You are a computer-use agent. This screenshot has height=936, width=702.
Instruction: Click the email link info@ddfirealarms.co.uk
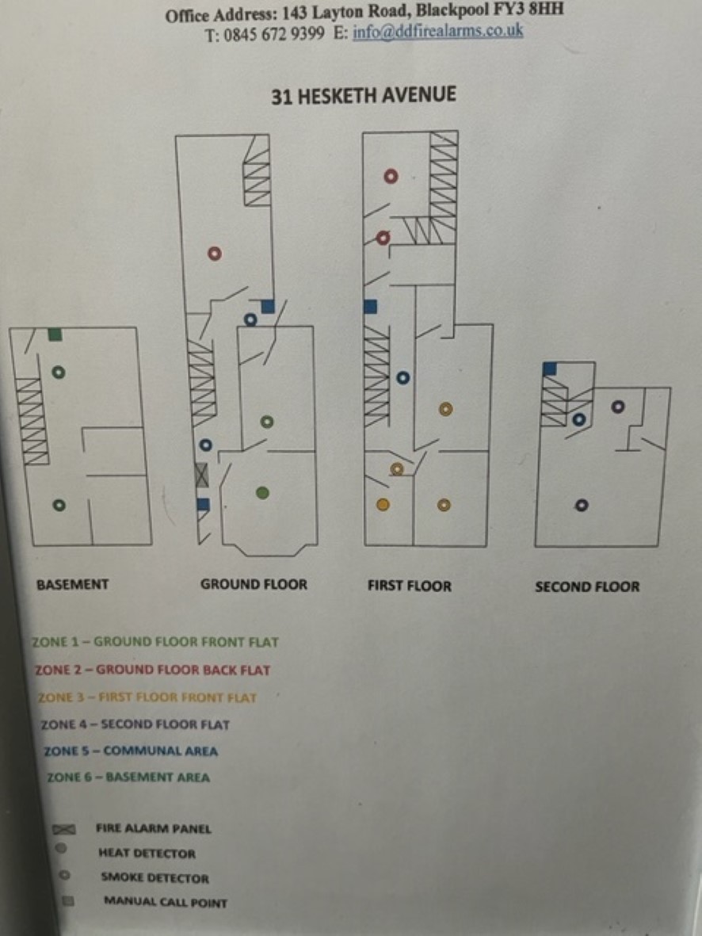437,31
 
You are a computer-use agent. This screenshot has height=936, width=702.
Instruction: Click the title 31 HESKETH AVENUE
364,96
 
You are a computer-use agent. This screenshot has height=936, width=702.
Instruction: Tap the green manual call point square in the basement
55,334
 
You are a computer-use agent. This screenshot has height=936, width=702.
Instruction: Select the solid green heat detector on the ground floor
262,492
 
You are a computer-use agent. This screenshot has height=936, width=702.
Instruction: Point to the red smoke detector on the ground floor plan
214,254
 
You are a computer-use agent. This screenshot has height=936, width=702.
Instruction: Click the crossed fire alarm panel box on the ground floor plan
202,476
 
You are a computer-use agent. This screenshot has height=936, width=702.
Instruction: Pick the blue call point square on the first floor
370,307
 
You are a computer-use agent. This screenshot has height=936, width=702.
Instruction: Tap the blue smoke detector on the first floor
403,378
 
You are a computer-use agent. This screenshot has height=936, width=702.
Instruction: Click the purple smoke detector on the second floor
619,407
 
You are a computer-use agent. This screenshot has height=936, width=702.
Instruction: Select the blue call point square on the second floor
550,369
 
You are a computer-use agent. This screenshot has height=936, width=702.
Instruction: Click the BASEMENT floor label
73,584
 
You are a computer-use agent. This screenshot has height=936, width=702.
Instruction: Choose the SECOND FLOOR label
587,586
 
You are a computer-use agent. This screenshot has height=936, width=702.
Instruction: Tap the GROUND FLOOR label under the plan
254,584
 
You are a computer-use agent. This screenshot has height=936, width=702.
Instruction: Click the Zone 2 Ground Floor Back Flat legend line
152,670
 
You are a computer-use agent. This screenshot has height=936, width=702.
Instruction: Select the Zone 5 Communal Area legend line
131,751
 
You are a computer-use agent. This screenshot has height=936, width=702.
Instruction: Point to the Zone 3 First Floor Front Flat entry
147,697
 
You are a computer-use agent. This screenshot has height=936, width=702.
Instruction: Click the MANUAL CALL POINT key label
166,902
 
